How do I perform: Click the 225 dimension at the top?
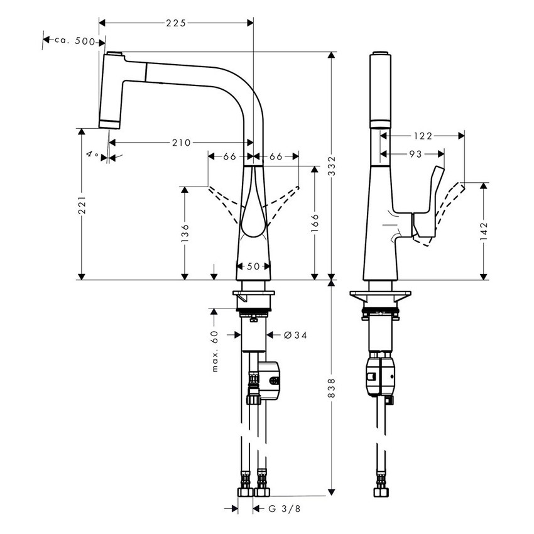176,23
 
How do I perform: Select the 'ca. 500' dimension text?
74,41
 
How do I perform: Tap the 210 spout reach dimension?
180,143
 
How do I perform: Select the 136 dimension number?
184,229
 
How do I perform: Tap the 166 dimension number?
315,222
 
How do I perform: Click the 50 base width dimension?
253,266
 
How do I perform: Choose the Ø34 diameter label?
295,335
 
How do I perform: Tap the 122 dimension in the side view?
424,134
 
